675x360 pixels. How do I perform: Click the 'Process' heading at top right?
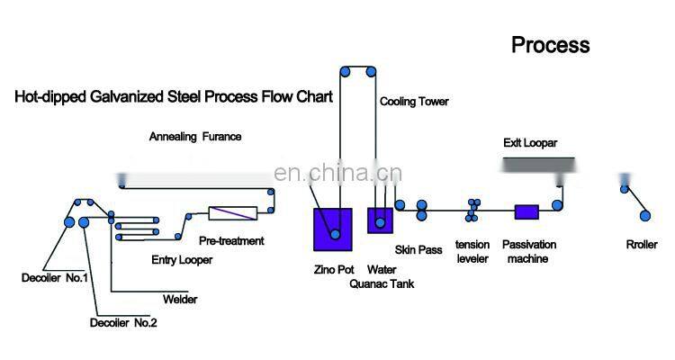(x=550, y=44)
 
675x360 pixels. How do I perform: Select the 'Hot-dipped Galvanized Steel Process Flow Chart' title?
(x=173, y=95)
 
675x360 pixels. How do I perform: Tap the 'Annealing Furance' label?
(x=195, y=137)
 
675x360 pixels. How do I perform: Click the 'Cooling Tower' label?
(x=414, y=102)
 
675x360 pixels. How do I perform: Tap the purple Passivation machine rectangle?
(x=526, y=212)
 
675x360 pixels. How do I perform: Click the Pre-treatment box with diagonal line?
(x=232, y=213)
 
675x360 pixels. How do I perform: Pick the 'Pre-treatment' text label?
(x=231, y=240)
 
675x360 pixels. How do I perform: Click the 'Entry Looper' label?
(x=181, y=261)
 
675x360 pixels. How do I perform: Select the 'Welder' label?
(x=180, y=300)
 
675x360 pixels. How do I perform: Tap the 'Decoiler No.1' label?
(x=55, y=277)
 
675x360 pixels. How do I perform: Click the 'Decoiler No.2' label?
(x=124, y=322)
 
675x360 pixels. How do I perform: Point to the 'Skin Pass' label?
(x=418, y=249)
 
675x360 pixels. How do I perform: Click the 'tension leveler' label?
(x=472, y=251)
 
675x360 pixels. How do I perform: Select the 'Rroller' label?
(x=643, y=245)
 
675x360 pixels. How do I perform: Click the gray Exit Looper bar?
(x=537, y=165)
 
